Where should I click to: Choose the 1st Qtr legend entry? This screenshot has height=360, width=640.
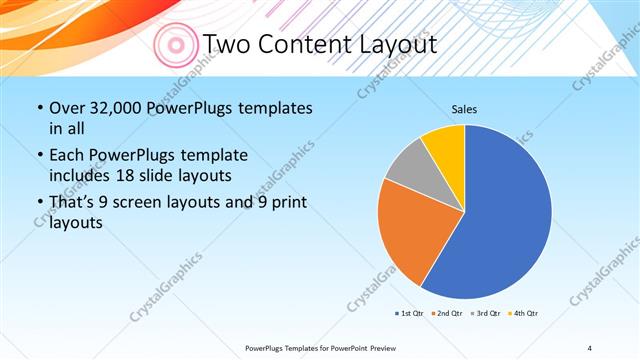[409, 313]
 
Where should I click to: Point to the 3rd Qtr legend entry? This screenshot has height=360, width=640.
[485, 313]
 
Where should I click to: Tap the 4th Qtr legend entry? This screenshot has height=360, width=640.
[523, 313]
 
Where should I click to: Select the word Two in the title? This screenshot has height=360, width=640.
[228, 44]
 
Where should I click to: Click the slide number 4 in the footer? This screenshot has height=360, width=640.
[589, 347]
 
